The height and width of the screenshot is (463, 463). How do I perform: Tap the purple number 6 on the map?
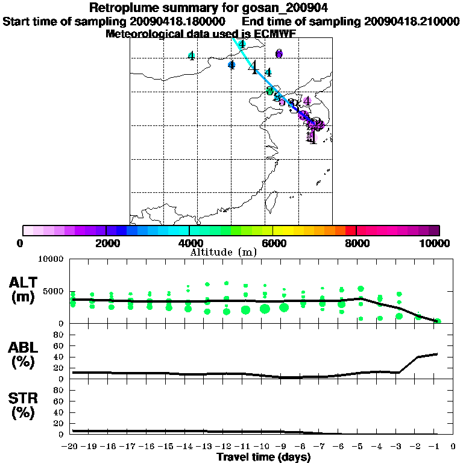[x=279, y=54]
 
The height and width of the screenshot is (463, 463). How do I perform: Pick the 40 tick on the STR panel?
[x=60, y=412]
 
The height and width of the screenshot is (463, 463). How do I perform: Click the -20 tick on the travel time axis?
[x=72, y=447]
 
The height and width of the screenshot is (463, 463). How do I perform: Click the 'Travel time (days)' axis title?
[x=263, y=458]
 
